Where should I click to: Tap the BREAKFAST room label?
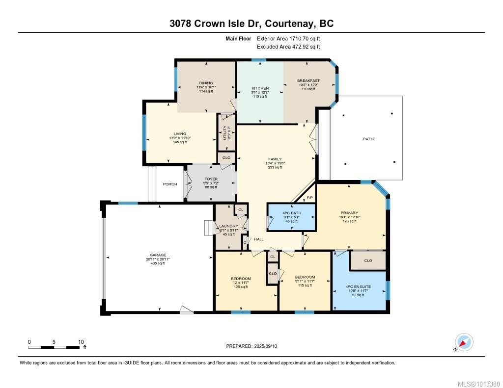[x=308, y=81]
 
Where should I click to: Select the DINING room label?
[x=206, y=83]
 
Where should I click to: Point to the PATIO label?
[x=368, y=139]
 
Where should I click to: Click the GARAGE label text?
[x=157, y=255]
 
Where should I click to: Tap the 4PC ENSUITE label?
[x=358, y=286]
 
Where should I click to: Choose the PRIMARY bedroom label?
[x=349, y=213]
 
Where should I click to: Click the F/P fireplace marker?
[x=309, y=198]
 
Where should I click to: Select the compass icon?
[x=464, y=342]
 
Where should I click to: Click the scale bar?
[x=55, y=347]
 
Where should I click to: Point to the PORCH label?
[x=170, y=184]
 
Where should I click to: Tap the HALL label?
[x=259, y=239]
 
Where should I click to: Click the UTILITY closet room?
[x=226, y=132]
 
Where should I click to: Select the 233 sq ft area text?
[x=275, y=167]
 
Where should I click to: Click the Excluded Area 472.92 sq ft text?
[x=288, y=47]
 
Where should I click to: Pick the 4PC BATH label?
[x=292, y=213]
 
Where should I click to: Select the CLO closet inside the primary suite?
[x=368, y=260]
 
